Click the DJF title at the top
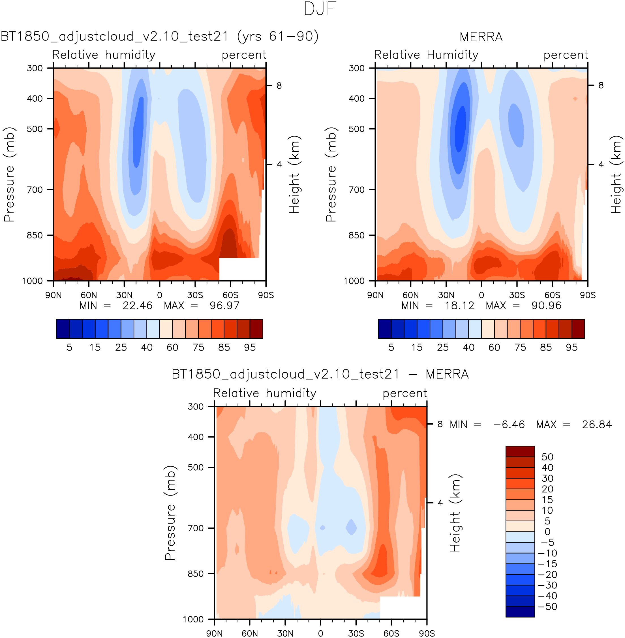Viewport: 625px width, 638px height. (x=320, y=9)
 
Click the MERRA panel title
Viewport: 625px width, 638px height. (x=481, y=37)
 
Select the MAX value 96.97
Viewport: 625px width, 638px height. (x=224, y=306)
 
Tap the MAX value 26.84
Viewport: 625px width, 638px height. (x=597, y=424)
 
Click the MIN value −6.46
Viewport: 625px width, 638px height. (x=509, y=424)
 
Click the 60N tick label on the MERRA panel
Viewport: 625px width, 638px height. (x=411, y=295)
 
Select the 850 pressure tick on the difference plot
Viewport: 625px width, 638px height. (x=196, y=574)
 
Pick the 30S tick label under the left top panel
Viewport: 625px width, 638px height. (x=195, y=295)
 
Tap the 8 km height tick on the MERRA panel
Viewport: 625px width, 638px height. (x=601, y=85)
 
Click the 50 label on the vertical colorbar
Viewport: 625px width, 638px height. (x=547, y=457)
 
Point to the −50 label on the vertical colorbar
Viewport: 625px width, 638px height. (x=547, y=607)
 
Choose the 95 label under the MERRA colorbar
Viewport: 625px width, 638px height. (x=572, y=347)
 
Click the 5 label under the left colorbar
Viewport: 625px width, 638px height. (x=69, y=347)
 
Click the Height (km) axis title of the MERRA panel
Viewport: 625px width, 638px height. (x=616, y=174)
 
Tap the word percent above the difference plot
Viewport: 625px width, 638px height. (x=405, y=393)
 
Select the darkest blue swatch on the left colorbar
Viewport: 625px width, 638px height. (x=63, y=329)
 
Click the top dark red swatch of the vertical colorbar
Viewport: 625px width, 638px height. (x=520, y=451)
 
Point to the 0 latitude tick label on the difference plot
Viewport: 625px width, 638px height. (x=320, y=633)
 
